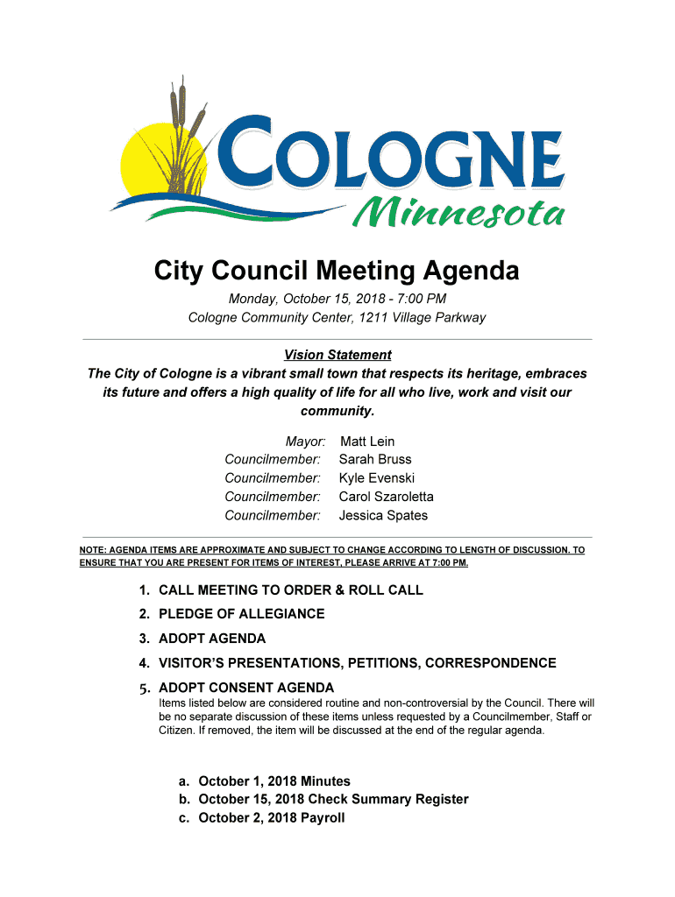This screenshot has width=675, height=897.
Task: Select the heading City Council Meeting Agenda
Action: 337,272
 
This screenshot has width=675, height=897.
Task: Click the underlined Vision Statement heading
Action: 337,355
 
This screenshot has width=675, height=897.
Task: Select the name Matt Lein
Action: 367,441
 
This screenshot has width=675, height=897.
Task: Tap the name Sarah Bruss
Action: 375,460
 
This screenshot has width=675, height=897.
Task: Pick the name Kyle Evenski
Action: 377,478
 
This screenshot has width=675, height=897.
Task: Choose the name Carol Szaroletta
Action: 387,497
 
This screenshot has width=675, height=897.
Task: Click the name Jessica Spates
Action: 384,515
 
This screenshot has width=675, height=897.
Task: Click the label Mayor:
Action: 305,441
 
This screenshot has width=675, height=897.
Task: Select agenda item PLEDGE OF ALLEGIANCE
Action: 241,614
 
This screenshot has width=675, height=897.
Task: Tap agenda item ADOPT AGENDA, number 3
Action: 212,639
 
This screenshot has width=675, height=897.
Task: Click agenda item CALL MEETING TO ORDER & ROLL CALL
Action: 291,590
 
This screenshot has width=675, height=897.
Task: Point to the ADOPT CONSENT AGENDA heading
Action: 246,688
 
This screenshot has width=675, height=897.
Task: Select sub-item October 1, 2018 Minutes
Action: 274,781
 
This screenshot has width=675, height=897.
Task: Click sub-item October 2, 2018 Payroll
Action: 272,818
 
